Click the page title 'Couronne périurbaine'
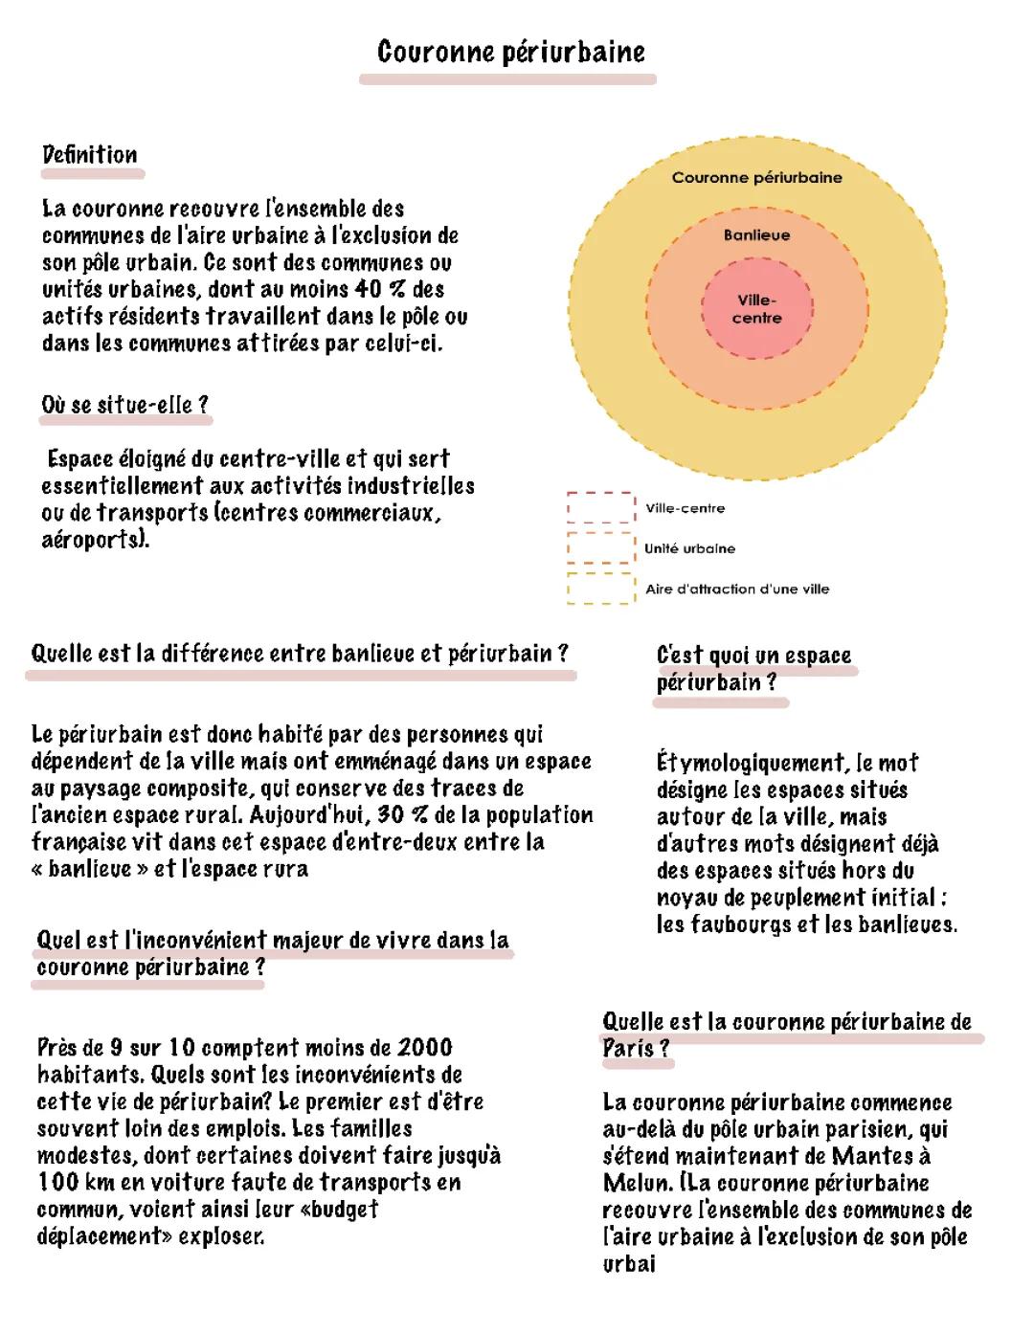[x=510, y=52]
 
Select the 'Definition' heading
[x=90, y=155]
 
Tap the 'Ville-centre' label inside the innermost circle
[x=756, y=309]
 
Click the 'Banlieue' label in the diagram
[x=756, y=235]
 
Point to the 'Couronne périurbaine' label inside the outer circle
[x=756, y=178]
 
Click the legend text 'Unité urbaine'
[x=689, y=549]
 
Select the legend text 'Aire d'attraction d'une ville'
[x=736, y=589]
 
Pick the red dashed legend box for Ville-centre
[x=600, y=507]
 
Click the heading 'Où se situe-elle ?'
[x=124, y=406]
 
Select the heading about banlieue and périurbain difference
[x=300, y=654]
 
